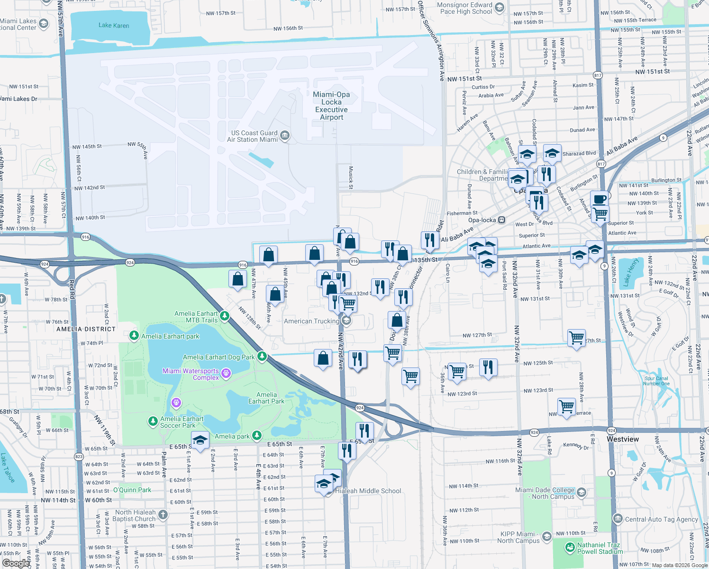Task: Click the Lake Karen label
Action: (114, 26)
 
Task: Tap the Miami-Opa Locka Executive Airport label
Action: (331, 106)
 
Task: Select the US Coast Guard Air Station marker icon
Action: (285, 136)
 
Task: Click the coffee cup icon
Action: (600, 199)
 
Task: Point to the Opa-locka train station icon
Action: (501, 220)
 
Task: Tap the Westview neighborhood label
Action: (622, 439)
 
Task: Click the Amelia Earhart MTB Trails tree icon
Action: (225, 316)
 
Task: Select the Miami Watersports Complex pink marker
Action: (226, 374)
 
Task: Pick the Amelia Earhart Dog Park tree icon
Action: (262, 357)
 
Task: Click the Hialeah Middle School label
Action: (368, 491)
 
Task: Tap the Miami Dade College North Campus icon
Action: (582, 493)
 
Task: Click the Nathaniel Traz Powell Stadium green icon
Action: (570, 548)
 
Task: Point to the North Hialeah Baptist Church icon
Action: (163, 515)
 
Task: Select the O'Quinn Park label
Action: (132, 490)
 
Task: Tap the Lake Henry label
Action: (631, 272)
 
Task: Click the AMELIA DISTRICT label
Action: (86, 329)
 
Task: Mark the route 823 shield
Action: (79, 457)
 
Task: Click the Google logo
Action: (16, 563)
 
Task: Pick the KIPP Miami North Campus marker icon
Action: (547, 536)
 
